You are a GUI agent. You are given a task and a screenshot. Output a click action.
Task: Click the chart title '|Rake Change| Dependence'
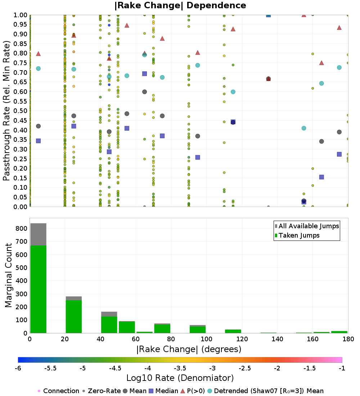[x=180, y=5]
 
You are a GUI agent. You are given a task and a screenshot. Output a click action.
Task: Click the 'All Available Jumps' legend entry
[x=307, y=226]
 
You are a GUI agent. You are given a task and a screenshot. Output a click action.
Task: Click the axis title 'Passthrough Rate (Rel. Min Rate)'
[x=6, y=111]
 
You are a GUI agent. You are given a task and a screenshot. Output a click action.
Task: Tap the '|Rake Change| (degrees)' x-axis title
[x=189, y=349]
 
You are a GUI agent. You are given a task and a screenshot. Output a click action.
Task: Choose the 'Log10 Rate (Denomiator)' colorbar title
[x=180, y=378]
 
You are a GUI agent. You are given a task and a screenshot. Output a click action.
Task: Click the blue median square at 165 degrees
[x=321, y=177]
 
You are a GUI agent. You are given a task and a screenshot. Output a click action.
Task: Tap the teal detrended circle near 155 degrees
[x=304, y=128]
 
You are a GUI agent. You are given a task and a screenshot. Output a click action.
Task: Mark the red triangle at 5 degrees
[x=38, y=54]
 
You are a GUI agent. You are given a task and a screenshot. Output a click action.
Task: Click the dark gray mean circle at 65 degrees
[x=144, y=92]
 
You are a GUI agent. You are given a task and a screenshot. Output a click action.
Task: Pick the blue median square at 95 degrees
[x=198, y=157]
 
